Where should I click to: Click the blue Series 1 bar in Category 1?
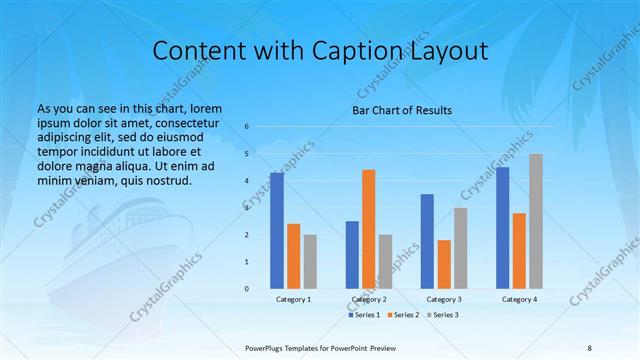click(x=277, y=231)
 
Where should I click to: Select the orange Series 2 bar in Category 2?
click(x=368, y=229)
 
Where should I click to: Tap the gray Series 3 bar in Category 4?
click(x=536, y=221)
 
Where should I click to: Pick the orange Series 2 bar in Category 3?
click(x=444, y=264)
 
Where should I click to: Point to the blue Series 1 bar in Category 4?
click(x=502, y=228)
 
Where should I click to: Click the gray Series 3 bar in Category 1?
click(x=310, y=262)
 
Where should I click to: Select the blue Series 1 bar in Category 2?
click(x=352, y=255)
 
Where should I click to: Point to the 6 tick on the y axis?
click(x=247, y=127)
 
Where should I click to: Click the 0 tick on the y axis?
click(x=247, y=289)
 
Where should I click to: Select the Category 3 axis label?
click(x=444, y=299)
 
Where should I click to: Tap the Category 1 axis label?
click(x=294, y=299)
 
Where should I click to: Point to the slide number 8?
click(x=589, y=346)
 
